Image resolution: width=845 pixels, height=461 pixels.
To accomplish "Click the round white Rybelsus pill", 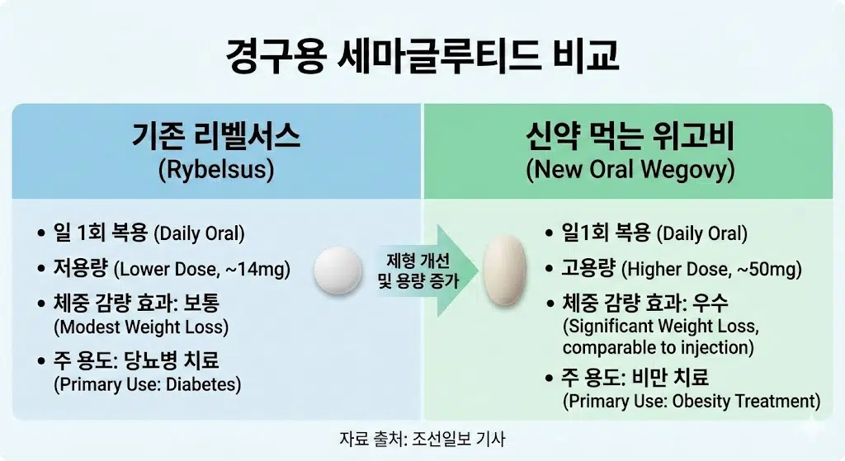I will (338, 269).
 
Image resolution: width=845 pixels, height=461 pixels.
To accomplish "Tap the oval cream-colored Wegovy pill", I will (504, 269).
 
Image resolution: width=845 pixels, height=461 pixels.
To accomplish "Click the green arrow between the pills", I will (421, 270).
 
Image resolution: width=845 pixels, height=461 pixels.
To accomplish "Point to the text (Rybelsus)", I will (215, 171).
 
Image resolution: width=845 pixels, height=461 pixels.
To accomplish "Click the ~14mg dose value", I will (265, 268).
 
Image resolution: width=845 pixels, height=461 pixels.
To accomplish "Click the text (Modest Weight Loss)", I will (141, 327).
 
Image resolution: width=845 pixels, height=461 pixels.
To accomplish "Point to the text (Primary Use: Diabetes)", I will (147, 384).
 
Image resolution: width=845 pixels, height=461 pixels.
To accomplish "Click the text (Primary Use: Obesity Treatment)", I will (692, 402).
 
